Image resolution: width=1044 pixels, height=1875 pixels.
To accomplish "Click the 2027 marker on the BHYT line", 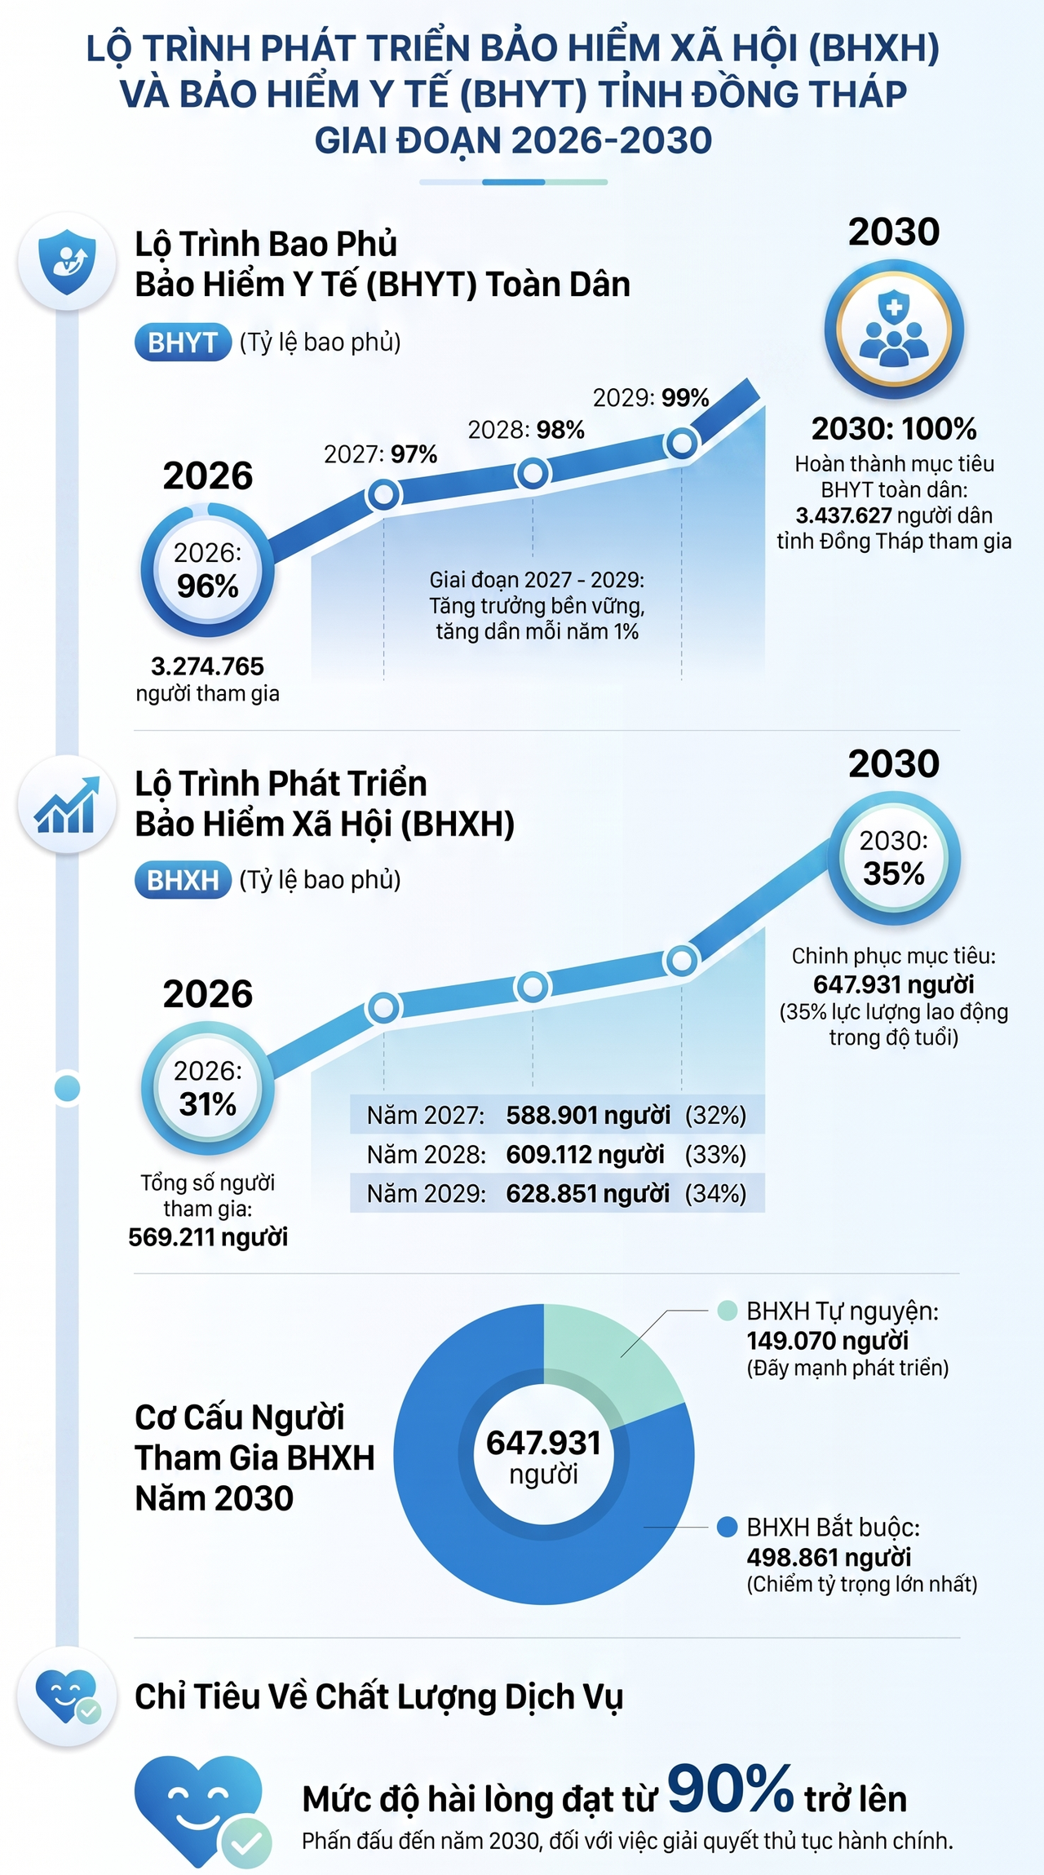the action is click(x=384, y=493).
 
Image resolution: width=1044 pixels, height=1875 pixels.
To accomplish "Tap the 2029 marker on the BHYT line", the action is click(x=682, y=443).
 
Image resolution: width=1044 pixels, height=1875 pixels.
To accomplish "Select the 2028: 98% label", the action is click(x=526, y=430).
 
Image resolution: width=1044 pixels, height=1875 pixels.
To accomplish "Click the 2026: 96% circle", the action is click(x=207, y=570).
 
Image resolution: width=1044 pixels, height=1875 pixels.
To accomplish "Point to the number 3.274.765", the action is click(x=207, y=666).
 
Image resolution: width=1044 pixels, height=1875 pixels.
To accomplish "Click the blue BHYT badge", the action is click(x=183, y=343).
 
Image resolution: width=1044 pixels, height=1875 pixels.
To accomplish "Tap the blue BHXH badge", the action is click(x=183, y=880).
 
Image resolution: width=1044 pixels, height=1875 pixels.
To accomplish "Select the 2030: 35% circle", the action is click(x=894, y=858).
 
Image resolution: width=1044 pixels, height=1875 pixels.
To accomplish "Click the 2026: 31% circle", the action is click(x=207, y=1088).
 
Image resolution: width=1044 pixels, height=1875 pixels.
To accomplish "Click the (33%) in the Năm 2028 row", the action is click(x=715, y=1154).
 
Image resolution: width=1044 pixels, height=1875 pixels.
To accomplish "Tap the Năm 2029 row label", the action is click(x=426, y=1193).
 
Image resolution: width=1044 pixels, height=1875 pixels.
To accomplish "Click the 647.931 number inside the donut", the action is click(x=543, y=1443).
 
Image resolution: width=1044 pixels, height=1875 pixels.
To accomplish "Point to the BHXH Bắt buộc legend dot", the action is click(x=727, y=1527).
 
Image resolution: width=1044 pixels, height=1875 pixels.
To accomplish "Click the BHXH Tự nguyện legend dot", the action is click(x=727, y=1311).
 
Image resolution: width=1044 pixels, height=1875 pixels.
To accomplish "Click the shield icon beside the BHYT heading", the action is click(x=67, y=261).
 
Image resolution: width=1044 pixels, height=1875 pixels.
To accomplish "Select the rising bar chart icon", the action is click(x=67, y=804).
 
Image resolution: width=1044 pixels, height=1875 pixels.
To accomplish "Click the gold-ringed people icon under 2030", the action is click(x=894, y=329).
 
